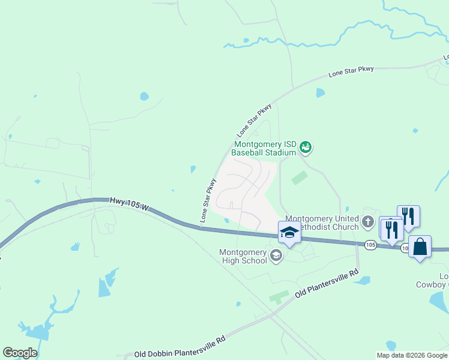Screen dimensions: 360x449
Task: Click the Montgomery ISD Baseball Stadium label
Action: click(265, 148)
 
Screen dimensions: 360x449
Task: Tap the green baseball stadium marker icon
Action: click(306, 146)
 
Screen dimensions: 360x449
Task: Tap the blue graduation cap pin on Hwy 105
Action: click(289, 233)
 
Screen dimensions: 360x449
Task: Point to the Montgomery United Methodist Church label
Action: click(322, 223)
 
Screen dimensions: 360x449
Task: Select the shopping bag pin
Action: click(420, 247)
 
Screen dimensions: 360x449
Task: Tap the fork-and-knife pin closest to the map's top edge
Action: click(408, 216)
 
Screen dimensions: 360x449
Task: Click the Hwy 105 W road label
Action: click(129, 205)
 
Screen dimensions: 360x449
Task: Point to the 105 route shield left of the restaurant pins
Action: click(370, 244)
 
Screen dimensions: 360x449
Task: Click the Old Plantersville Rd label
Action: click(327, 284)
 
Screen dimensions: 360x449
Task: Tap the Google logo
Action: click(20, 353)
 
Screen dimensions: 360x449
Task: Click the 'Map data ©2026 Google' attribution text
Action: click(412, 355)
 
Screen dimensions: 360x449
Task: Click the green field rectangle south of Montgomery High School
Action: click(278, 296)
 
